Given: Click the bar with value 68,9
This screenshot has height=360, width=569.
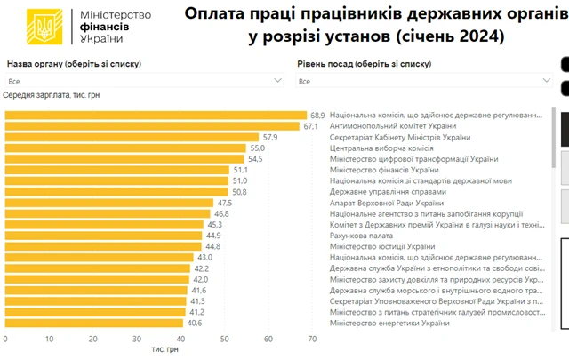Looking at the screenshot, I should tap(156, 115).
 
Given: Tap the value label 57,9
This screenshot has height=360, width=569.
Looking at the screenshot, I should tap(270, 137).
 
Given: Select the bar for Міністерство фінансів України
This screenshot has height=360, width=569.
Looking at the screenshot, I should tap(116, 170).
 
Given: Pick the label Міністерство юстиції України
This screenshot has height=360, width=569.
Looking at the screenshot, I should tap(382, 246).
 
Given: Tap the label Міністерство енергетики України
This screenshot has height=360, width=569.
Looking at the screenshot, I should tap(389, 323).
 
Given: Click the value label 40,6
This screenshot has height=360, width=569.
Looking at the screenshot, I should tap(195, 323).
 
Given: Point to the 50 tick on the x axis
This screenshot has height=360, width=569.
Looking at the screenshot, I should tap(224, 339).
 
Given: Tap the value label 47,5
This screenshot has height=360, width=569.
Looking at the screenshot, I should tap(224, 203).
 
